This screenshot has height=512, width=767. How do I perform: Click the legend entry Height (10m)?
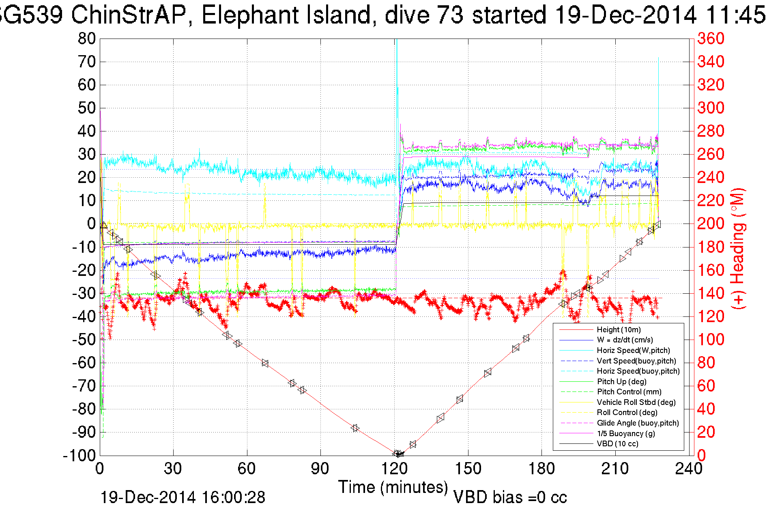tap(619, 330)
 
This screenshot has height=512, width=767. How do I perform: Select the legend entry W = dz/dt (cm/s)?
tap(625, 340)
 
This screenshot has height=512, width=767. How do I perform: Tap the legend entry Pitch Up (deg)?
tap(621, 381)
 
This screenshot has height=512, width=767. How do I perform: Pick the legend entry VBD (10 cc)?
tap(617, 444)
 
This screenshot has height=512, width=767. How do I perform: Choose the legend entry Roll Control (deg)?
tap(627, 413)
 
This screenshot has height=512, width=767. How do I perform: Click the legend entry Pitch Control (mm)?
tap(629, 392)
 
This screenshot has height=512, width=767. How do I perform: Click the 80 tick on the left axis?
tap(86, 39)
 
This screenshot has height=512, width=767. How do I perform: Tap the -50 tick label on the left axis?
tap(84, 340)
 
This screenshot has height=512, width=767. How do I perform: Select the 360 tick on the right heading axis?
tap(711, 39)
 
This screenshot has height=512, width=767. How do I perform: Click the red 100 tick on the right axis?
tap(711, 340)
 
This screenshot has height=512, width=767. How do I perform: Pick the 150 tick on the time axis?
tap(468, 469)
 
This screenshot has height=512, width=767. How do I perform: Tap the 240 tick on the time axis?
tap(689, 469)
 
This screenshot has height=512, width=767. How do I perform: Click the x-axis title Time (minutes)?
tap(393, 487)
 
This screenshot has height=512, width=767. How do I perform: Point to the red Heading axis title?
tap(738, 248)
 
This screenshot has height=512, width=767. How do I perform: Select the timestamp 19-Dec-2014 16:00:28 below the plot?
tap(183, 497)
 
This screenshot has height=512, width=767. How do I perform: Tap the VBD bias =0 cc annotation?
tap(510, 497)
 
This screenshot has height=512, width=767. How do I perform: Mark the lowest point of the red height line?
tap(398, 454)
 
